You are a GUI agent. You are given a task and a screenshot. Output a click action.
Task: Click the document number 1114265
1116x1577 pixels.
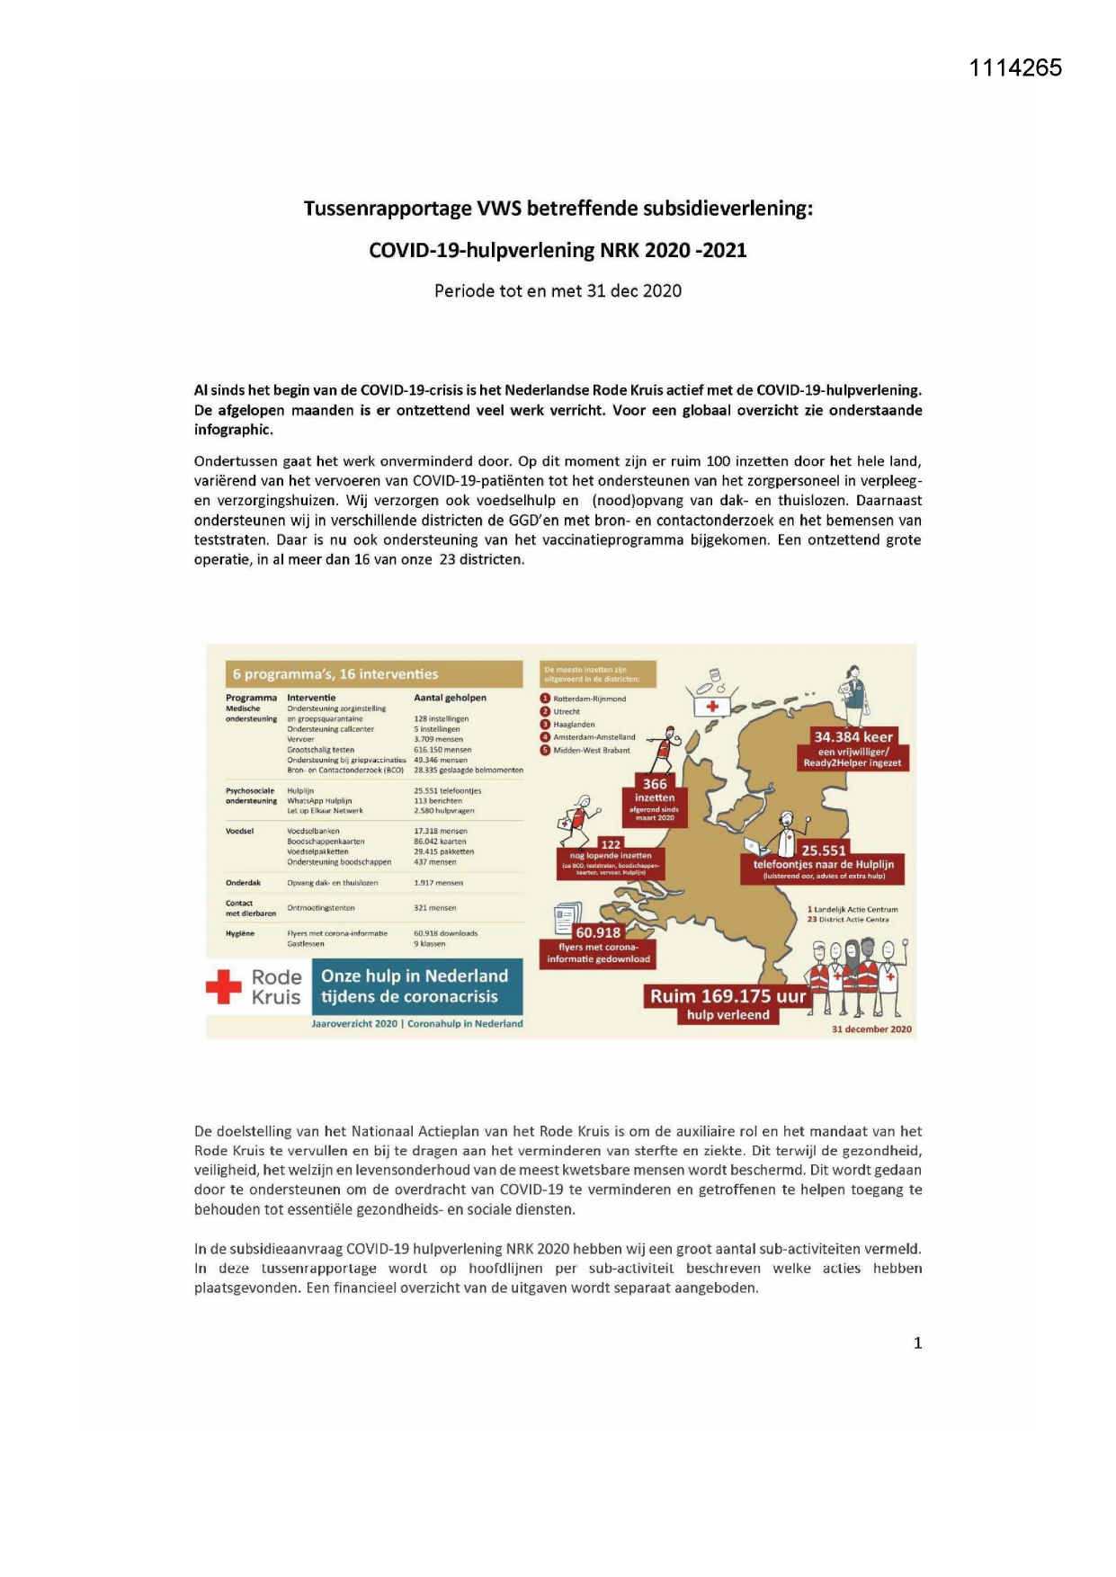[x=1015, y=67]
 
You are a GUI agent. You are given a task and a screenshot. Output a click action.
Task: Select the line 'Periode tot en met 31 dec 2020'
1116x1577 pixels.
[x=558, y=290]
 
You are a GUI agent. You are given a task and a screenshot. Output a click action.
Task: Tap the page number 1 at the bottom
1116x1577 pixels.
[x=917, y=1343]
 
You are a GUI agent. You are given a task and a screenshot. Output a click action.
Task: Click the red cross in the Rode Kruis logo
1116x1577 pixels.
[x=224, y=986]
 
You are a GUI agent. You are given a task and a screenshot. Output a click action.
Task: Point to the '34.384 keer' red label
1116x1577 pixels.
[x=853, y=737]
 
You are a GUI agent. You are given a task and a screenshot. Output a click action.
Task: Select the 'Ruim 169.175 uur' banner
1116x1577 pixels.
[x=728, y=996]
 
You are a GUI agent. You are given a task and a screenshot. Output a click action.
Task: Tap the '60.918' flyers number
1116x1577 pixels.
[x=598, y=932]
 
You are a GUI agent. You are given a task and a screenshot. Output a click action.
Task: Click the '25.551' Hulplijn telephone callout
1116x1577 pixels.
[x=823, y=851]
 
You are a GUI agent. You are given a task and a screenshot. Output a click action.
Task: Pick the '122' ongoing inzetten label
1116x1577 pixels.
[x=611, y=844]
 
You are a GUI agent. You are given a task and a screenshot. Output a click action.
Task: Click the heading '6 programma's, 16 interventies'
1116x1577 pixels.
[x=335, y=674]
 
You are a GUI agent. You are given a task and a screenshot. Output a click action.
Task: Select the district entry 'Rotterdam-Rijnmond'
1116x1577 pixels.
[x=589, y=699]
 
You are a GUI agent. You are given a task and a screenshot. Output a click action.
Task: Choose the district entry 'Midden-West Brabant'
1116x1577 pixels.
[x=591, y=750]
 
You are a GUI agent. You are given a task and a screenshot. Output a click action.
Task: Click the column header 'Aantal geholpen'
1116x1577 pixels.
[x=450, y=698]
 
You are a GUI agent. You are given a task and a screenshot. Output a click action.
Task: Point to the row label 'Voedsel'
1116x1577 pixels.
[x=239, y=831]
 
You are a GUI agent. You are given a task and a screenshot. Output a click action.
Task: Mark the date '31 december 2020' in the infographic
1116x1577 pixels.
[x=870, y=1029]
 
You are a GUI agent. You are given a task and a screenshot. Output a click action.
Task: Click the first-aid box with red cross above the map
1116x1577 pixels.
[x=711, y=705]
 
